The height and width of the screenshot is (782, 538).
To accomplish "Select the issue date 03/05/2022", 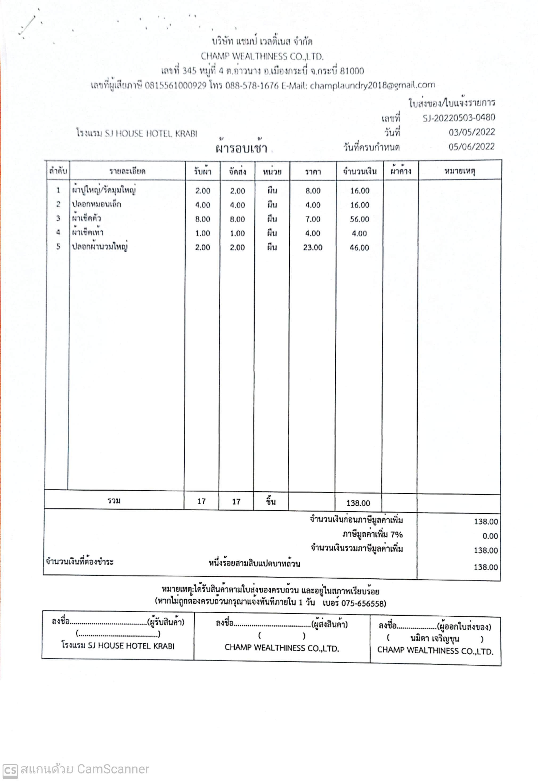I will click(471, 132).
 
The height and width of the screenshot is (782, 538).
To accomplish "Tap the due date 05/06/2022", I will click(471, 147).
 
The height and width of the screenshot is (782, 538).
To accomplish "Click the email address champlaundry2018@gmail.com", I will click(372, 85).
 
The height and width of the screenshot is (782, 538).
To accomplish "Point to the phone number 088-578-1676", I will click(252, 86).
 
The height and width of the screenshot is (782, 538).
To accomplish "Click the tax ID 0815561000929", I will click(175, 86).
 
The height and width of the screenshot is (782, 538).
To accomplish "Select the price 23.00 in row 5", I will click(312, 248).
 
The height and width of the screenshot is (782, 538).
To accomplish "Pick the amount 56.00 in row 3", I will click(359, 219).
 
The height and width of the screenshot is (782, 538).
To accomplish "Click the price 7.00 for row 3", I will click(312, 219).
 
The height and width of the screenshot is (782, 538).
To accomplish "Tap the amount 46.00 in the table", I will click(359, 248).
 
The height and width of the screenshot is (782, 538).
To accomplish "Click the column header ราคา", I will click(313, 172).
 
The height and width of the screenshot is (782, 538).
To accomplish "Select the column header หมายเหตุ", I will click(459, 171).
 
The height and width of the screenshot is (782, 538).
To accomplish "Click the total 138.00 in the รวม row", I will click(358, 503).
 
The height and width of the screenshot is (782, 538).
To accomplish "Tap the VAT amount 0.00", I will click(490, 536).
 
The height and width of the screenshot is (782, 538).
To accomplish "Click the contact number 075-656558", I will click(363, 603).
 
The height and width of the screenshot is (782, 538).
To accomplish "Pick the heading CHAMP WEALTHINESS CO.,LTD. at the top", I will click(262, 56).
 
